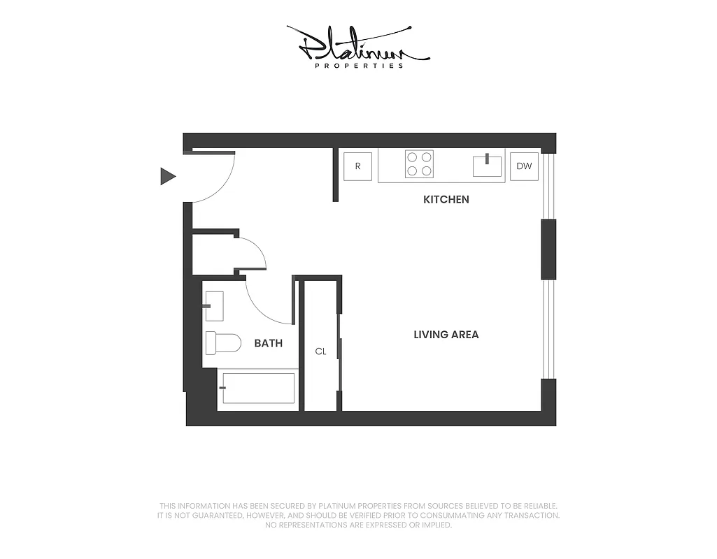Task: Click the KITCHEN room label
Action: click(446, 199)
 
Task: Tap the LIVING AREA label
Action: click(446, 335)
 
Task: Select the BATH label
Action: click(269, 343)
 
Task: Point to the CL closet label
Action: click(320, 351)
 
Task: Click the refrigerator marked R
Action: click(358, 166)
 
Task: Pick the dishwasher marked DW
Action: click(524, 166)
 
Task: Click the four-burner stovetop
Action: click(419, 164)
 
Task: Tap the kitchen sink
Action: click(488, 166)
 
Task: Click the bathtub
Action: click(257, 388)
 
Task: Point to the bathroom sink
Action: click(213, 306)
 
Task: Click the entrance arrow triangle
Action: click(167, 176)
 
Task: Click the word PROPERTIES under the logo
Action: click(360, 66)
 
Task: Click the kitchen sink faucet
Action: click(488, 158)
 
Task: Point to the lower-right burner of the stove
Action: click(425, 170)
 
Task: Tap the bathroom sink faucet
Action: click(206, 306)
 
